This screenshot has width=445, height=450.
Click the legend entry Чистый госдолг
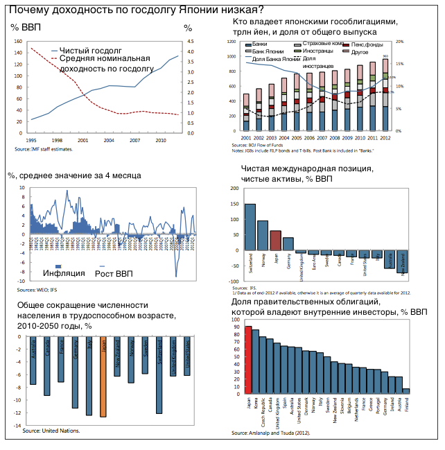(90, 51)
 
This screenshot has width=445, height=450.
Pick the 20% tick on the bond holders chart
(399, 42)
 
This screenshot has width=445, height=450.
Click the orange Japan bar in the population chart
(103, 377)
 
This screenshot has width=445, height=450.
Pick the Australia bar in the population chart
(33, 361)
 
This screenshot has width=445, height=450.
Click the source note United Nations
(51, 431)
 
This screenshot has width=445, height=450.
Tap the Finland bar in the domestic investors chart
(406, 391)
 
